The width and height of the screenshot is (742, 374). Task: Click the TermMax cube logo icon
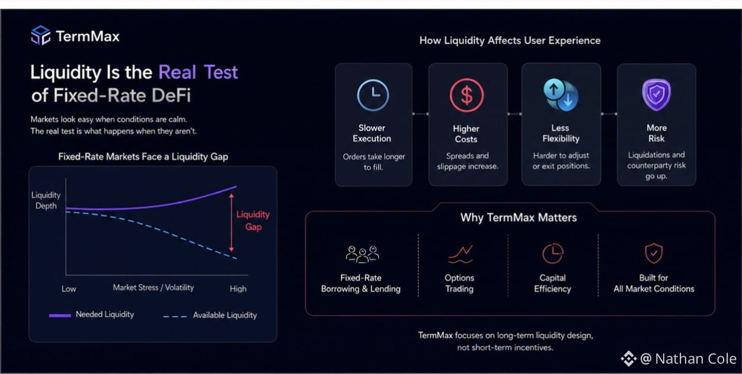tap(41, 36)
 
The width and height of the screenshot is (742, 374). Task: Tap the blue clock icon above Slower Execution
tap(373, 95)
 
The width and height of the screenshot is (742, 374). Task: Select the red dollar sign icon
tap(467, 95)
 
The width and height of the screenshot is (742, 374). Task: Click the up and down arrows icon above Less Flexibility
tap(561, 95)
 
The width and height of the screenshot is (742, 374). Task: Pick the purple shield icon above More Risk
tap(657, 95)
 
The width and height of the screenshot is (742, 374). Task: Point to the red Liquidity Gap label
tap(253, 221)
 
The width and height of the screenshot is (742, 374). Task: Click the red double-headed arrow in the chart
tap(232, 223)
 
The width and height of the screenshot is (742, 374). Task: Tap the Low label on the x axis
tap(69, 289)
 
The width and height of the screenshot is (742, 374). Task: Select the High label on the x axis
tap(238, 289)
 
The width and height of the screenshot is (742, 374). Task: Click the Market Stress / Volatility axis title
tap(153, 288)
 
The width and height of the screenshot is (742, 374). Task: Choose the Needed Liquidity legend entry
tap(91, 314)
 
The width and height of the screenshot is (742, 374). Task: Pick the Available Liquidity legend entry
tap(210, 315)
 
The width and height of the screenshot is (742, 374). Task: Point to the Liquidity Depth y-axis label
tap(46, 201)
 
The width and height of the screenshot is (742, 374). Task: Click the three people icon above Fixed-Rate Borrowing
tap(362, 254)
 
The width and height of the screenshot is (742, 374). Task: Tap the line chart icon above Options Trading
tap(460, 254)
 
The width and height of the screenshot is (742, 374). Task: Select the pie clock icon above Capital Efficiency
tap(552, 253)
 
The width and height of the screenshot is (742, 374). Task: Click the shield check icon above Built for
tap(654, 253)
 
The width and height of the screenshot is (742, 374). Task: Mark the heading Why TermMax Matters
tap(519, 218)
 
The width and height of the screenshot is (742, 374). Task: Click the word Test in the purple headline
tap(220, 72)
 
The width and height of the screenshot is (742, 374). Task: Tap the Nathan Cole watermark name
tap(696, 359)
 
